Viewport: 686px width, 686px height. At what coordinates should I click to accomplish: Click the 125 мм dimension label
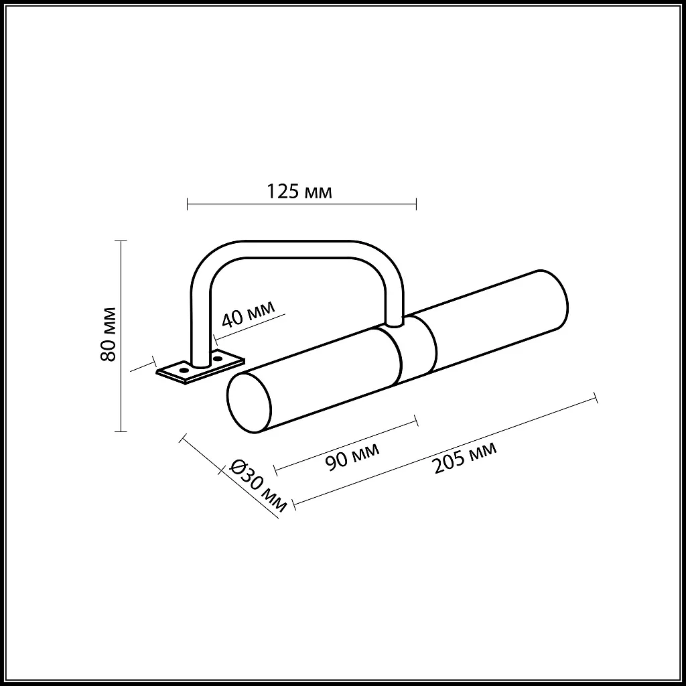pyautogui.click(x=299, y=192)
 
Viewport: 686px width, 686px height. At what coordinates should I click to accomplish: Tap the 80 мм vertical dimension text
pyautogui.click(x=109, y=334)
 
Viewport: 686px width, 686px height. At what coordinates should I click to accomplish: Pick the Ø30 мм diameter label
pyautogui.click(x=257, y=486)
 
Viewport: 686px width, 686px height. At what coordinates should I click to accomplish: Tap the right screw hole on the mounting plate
pyautogui.click(x=217, y=359)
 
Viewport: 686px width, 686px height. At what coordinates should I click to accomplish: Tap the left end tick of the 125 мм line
pyautogui.click(x=187, y=202)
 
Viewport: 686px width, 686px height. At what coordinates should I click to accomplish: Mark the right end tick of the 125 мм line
pyautogui.click(x=417, y=202)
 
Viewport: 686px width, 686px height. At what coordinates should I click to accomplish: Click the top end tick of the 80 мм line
pyautogui.click(x=121, y=241)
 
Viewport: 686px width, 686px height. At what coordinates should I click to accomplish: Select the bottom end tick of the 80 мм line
pyautogui.click(x=121, y=431)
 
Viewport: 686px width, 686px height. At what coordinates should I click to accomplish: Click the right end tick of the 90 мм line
pyautogui.click(x=417, y=420)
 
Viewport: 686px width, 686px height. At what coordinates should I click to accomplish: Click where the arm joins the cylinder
pyautogui.click(x=395, y=324)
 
